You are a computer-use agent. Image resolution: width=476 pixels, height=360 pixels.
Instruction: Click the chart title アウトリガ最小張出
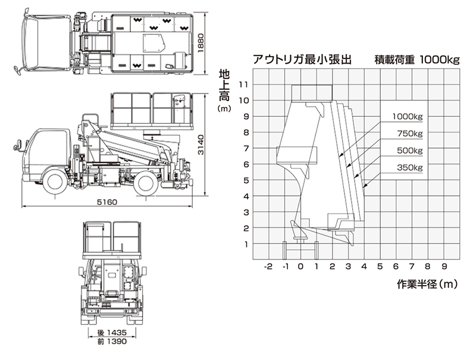tap(303, 60)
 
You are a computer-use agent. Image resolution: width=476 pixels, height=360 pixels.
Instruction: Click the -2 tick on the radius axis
tap(268, 266)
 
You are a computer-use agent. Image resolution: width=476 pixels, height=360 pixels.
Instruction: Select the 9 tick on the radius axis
tap(444, 266)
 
